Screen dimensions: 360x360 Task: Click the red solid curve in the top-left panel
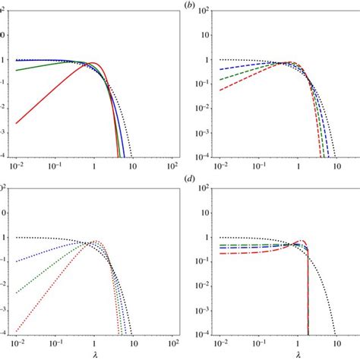pyautogui.click(x=46, y=98)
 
